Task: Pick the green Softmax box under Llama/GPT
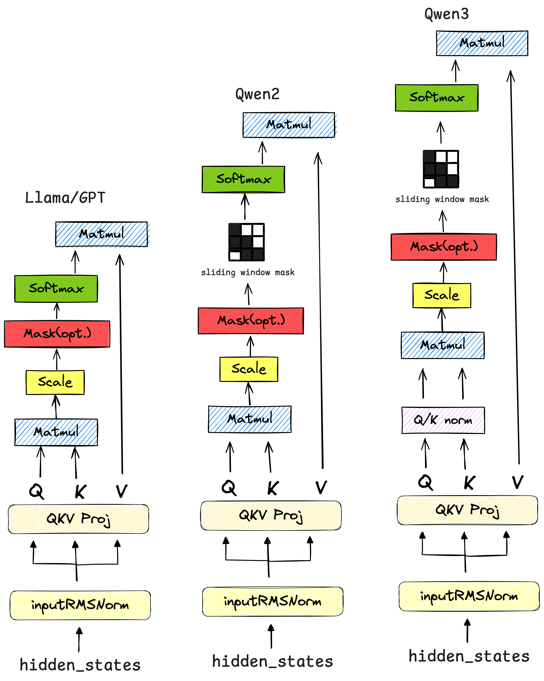[56, 288]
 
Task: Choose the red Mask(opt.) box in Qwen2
[251, 321]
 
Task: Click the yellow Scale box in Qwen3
[442, 295]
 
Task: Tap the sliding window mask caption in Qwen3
[442, 199]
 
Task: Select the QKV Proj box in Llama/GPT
[78, 519]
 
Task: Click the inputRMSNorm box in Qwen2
[272, 601]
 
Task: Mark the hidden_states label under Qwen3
[469, 656]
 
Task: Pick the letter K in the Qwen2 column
[273, 488]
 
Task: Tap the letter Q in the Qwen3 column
[425, 482]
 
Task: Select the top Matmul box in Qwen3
[482, 43]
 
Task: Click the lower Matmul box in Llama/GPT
[56, 432]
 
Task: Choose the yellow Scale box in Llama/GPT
[55, 382]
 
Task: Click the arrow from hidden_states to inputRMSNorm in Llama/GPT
[79, 639]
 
